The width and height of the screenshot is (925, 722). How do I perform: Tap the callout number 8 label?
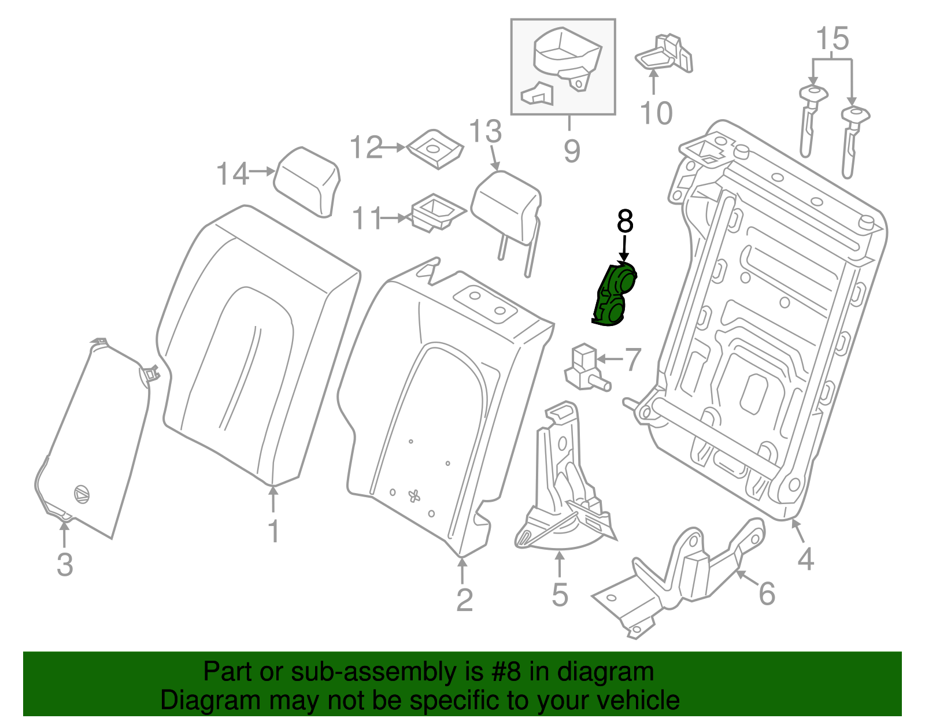pos(625,221)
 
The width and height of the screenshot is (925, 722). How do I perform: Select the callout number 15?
pos(832,39)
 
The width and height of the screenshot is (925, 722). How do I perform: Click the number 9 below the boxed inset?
pos(571,151)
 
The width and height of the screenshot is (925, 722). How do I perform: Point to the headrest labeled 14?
pos(307,181)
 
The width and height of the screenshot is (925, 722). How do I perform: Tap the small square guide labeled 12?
pos(435,149)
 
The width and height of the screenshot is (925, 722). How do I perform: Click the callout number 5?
pos(560,594)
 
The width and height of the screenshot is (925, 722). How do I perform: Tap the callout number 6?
pos(767,594)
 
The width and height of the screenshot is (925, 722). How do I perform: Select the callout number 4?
pos(806,559)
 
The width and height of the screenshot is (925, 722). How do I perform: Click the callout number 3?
pos(65,565)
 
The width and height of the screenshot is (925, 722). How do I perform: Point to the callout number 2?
pos(464,600)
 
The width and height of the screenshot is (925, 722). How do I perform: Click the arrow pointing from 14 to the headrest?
pos(262,171)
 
